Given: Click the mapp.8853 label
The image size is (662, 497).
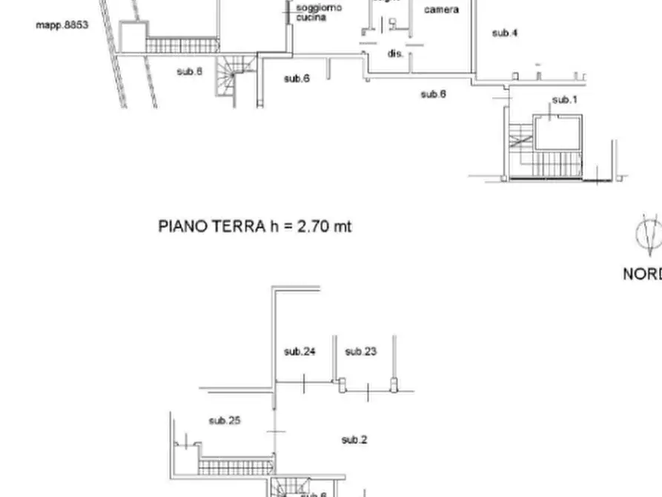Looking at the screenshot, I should point(62,25).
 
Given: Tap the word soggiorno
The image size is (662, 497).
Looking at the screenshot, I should point(319,8).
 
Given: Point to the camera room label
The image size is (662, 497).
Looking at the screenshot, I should point(441,10).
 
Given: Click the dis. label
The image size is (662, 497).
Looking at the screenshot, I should point(394,53).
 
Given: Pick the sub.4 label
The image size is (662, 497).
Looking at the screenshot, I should point(505,33).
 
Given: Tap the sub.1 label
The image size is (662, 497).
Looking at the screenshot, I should point(564,99).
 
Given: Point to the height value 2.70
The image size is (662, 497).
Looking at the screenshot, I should point(312,226).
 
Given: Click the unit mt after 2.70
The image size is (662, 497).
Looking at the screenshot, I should point(342,226).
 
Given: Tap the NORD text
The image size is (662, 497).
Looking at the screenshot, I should point(642,274).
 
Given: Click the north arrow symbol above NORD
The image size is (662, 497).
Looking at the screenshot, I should point(649,233).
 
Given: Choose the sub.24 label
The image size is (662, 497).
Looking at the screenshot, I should point(300,352).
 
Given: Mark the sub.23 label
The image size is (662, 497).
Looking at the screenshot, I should point(361,352).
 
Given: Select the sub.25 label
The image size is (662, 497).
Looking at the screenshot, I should point(225,421).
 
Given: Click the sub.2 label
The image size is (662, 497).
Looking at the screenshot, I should point(354,440).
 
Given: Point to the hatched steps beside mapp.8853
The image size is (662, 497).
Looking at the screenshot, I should point(182,45).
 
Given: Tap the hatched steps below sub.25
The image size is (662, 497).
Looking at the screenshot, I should point(236,466).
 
